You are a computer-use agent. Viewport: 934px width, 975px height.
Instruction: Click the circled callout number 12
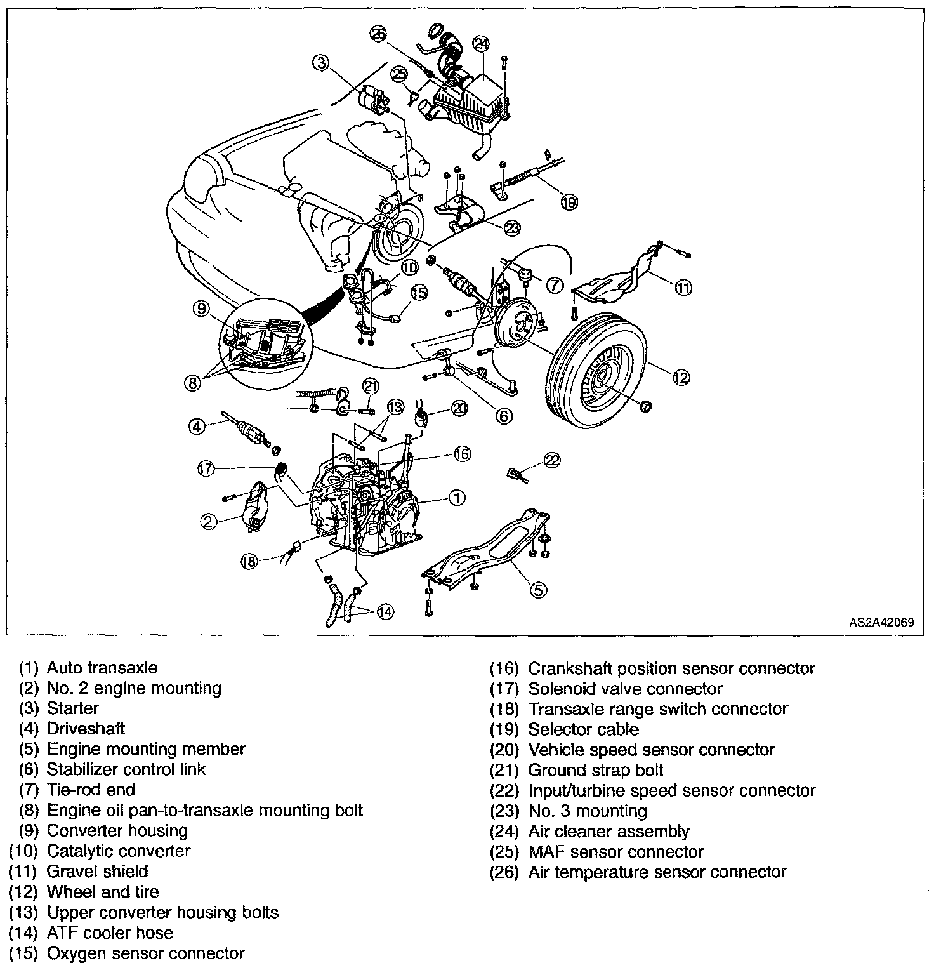tap(680, 377)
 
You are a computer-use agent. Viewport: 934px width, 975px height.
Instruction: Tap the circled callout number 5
tap(537, 590)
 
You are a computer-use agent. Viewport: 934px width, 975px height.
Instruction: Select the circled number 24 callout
tap(482, 44)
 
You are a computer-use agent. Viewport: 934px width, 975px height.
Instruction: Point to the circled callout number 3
tap(321, 63)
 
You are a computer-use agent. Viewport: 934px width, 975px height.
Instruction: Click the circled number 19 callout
tap(569, 202)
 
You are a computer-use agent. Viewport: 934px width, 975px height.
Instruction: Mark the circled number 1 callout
tap(456, 498)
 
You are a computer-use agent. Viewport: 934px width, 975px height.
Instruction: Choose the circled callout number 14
tap(385, 611)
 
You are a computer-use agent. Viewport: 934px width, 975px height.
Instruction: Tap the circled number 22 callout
tap(553, 461)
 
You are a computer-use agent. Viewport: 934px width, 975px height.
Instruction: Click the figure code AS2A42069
tap(881, 623)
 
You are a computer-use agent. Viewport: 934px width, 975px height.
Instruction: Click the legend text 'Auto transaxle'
tap(102, 668)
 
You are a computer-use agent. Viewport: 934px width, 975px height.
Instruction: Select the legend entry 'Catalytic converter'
tap(119, 851)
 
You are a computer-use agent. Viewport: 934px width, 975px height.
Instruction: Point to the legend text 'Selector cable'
tap(583, 729)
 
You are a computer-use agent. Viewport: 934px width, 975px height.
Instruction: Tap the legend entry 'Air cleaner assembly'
tap(608, 831)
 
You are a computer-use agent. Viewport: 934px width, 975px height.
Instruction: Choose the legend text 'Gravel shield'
tap(97, 871)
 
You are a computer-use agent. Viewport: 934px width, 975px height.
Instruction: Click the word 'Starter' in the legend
tap(73, 708)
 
